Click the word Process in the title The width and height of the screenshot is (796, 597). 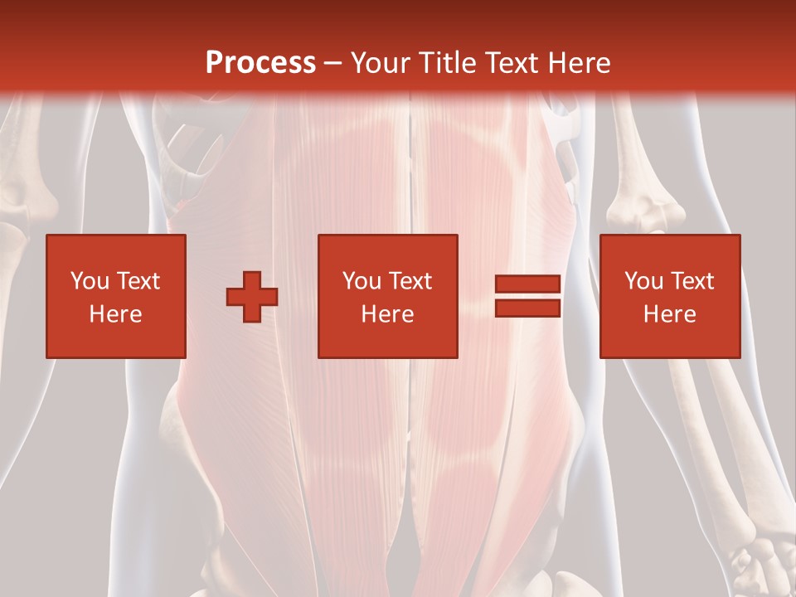pos(260,62)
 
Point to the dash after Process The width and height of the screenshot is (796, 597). pos(333,64)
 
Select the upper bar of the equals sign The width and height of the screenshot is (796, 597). pos(527,284)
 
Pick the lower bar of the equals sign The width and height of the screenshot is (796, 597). pos(527,308)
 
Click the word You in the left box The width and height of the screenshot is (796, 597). pos(90,281)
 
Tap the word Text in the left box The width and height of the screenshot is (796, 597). pos(137,281)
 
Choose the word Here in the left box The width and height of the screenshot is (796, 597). pos(115,314)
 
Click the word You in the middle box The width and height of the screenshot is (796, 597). pos(362,281)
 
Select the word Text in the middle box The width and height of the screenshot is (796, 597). pos(410,281)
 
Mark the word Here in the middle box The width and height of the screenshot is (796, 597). pos(387,314)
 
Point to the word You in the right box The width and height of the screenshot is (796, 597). pos(643,281)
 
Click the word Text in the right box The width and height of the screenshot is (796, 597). pos(692,281)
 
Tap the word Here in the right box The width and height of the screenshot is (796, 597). pos(669,314)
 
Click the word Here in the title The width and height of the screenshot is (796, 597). pos(580,62)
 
